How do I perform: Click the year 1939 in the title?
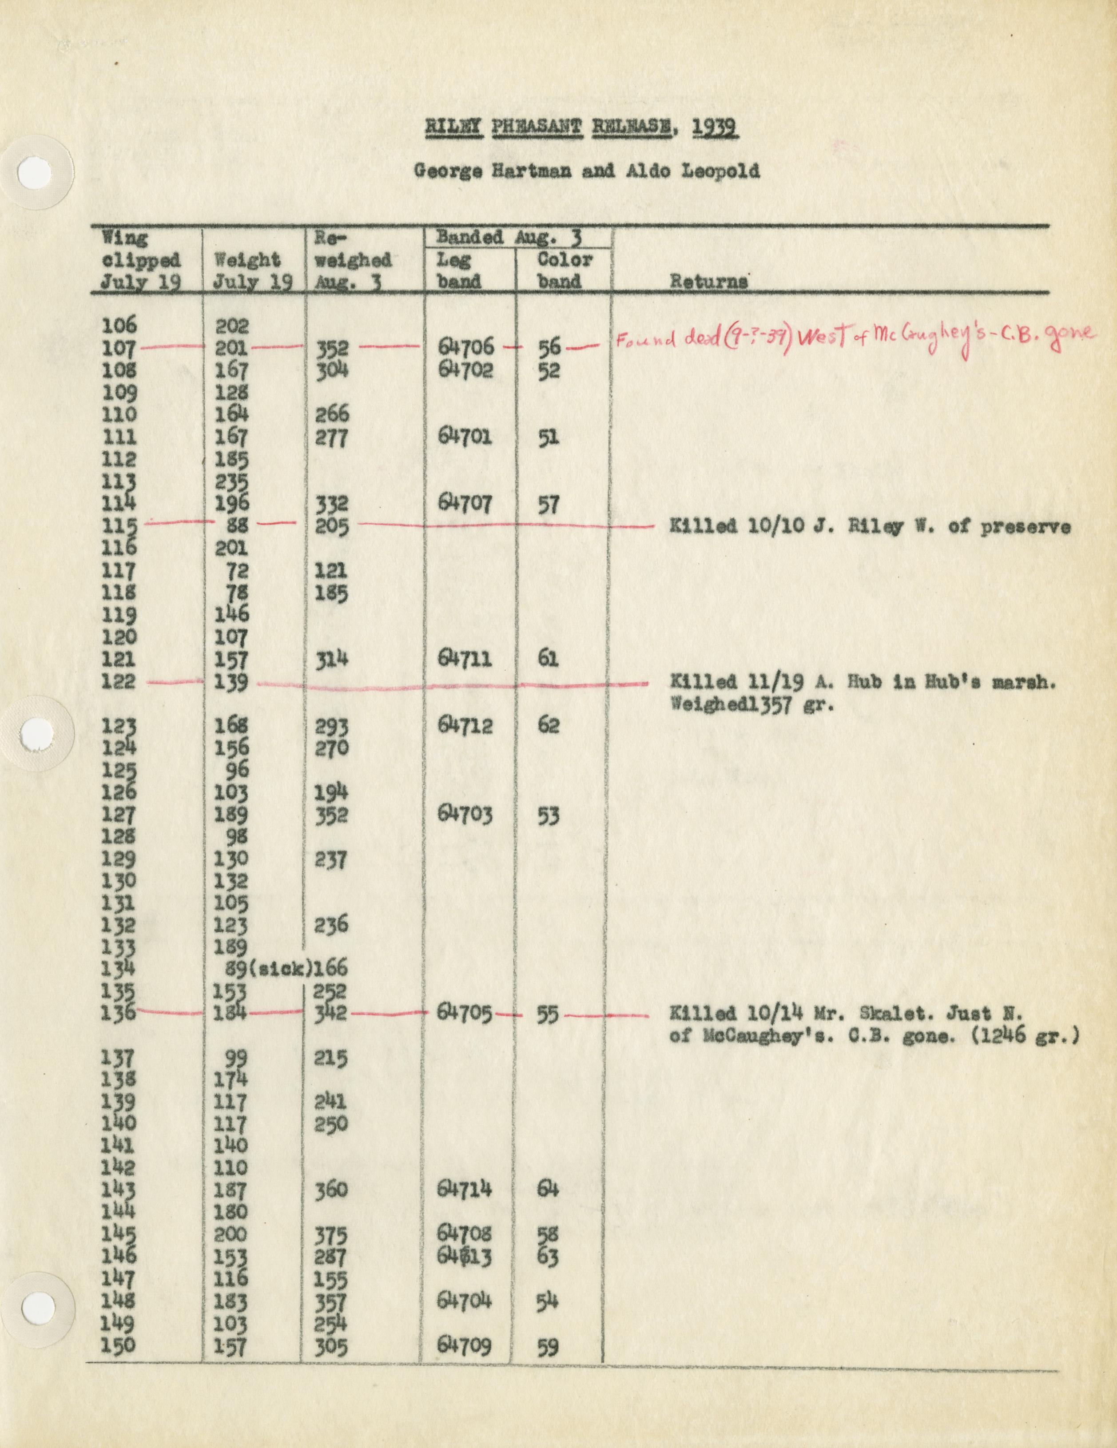(715, 127)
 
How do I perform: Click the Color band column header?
(564, 270)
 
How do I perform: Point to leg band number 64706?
(466, 347)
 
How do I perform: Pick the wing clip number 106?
(119, 325)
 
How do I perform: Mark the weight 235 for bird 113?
(231, 482)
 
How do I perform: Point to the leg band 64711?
(465, 658)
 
